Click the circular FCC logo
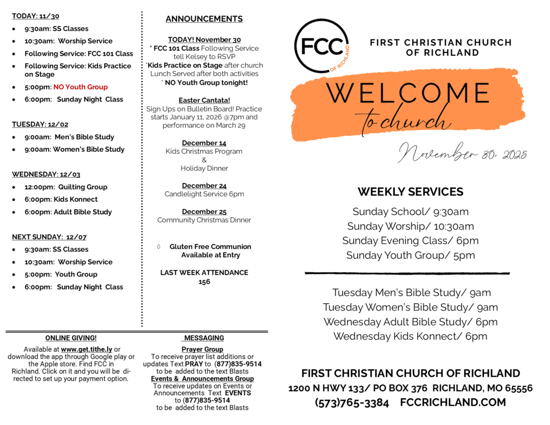321,46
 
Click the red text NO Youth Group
80,87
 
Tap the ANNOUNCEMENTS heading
204,19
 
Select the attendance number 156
204,282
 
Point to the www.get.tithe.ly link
87,349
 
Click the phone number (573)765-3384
352,403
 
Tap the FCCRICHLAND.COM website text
453,403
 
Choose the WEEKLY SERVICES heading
410,192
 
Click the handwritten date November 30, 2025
462,153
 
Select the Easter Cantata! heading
204,100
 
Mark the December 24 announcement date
204,185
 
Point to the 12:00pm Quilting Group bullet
66,187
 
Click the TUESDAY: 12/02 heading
40,124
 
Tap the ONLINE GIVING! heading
71,338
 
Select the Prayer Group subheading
202,350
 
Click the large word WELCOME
407,93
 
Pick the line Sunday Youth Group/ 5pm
410,255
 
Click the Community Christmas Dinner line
204,220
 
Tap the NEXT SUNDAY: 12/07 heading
49,237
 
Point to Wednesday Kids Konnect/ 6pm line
410,336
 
